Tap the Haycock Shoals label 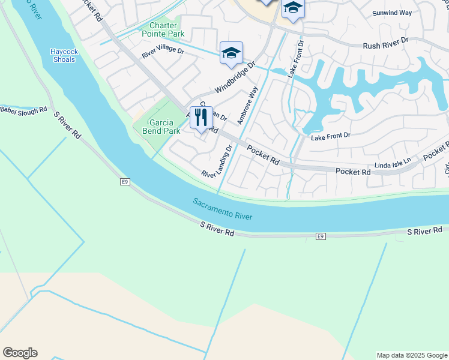[x=63, y=55]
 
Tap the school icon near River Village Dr [x=231, y=53]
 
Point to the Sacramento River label [x=223, y=209]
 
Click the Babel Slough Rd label [x=23, y=110]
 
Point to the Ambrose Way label [x=247, y=106]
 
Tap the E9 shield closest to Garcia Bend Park [x=125, y=181]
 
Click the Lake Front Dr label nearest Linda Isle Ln [x=330, y=137]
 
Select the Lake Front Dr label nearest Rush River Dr [x=295, y=59]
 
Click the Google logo [x=20, y=353]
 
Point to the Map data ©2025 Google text [x=412, y=355]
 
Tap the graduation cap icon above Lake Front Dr [x=293, y=8]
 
